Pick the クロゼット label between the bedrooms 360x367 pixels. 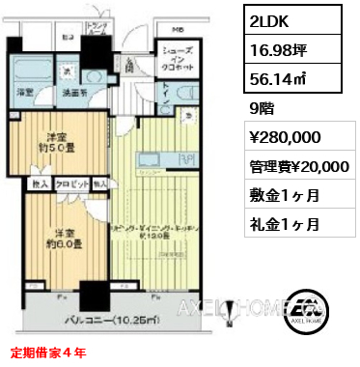click(x=69, y=181)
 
